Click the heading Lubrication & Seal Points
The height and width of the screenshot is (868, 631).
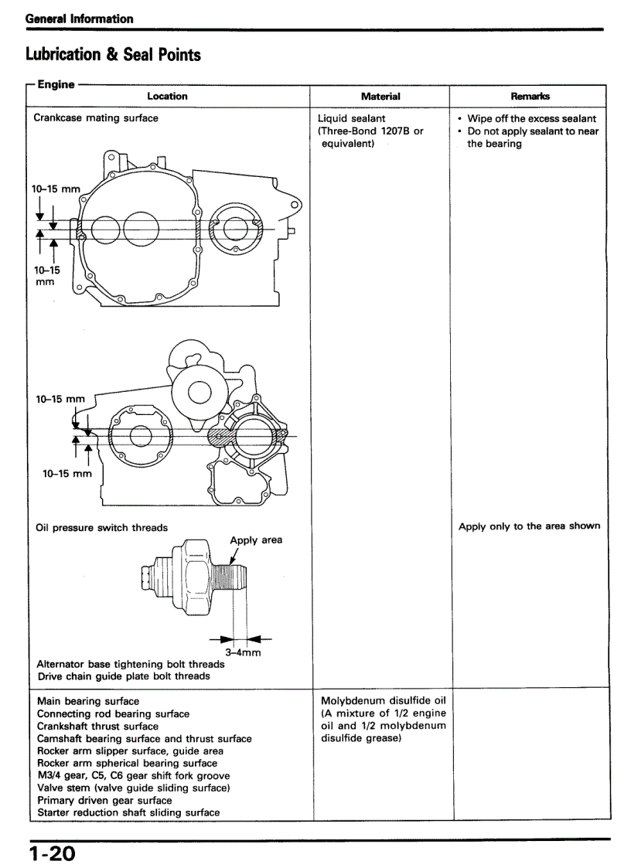[x=113, y=55]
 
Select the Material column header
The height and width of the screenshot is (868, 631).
[x=380, y=97]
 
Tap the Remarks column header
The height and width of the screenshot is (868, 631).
[x=530, y=97]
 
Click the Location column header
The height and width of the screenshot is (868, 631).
[x=167, y=97]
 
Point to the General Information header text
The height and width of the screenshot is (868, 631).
[x=79, y=19]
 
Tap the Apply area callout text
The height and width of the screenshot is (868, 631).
[x=256, y=540]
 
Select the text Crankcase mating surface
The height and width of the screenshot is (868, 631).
[x=96, y=118]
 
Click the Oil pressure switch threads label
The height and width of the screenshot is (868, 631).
[x=101, y=528]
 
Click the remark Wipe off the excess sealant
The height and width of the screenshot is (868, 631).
[x=531, y=119]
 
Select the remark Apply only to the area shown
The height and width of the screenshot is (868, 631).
[x=529, y=526]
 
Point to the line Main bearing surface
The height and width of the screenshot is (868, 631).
[x=88, y=701]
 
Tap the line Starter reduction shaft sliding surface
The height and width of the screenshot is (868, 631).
[x=128, y=812]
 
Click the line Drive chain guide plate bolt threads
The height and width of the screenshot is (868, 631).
[x=124, y=676]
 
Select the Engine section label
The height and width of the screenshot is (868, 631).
[x=56, y=84]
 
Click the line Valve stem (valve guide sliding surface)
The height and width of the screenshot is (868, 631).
[x=133, y=788]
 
